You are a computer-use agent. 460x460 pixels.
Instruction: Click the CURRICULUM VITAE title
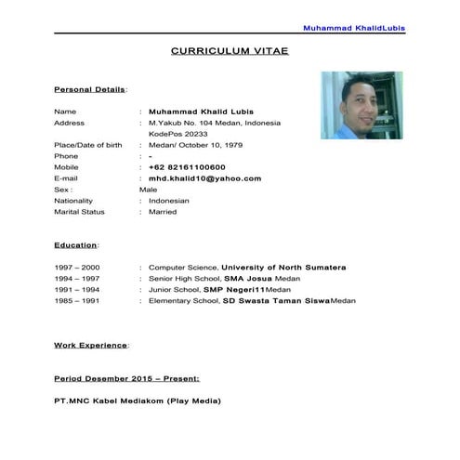coord(230,52)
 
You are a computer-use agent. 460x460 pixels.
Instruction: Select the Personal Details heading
coord(89,89)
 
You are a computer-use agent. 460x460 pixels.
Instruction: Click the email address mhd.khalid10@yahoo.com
coord(204,178)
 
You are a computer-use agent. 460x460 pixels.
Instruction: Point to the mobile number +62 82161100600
coord(192,167)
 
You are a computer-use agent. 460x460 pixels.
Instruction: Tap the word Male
coord(149,190)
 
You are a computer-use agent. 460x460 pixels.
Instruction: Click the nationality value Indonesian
coord(169,201)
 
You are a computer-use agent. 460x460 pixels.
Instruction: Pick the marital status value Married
coord(163,212)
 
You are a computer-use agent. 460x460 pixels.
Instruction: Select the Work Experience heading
coord(91,346)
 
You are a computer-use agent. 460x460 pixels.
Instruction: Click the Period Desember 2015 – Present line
coord(126,379)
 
